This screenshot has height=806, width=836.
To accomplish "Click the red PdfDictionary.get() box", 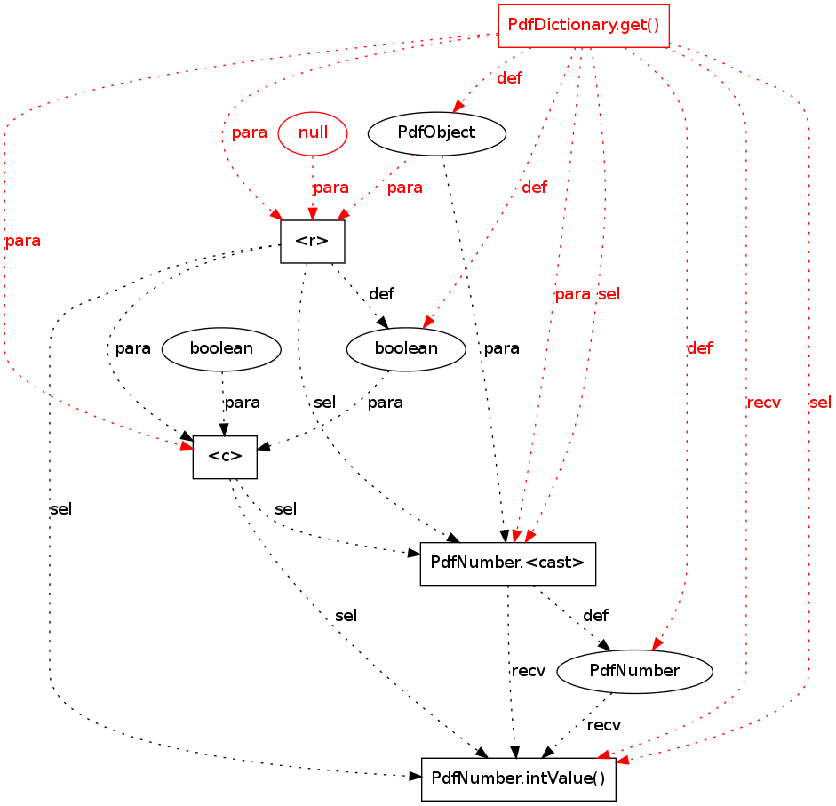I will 583,26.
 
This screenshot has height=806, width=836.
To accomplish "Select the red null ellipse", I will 313,133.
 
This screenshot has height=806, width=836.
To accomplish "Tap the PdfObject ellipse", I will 436,133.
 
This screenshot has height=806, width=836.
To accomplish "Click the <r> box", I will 312,241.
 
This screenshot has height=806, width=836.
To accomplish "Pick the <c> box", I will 225,457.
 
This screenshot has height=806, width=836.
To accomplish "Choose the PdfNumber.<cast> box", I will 506,563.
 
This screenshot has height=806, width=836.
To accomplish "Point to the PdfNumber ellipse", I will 634,671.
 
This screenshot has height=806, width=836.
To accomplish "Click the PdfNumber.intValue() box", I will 518,778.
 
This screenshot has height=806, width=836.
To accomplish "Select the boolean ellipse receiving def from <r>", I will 405,348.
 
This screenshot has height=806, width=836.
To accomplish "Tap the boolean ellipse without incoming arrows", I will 221,348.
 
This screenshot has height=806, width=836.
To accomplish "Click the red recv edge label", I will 764,403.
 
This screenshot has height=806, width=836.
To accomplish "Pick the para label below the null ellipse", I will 330,188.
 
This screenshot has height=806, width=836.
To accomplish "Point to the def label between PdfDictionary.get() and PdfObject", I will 509,78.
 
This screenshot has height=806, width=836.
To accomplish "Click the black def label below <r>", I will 381,293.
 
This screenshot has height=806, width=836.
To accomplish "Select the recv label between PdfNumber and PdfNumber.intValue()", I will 604,725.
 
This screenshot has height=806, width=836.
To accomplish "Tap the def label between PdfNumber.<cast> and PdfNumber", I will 595,615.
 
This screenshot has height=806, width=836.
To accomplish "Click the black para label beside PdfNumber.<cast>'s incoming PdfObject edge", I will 501,348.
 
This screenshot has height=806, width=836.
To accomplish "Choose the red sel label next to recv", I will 820,403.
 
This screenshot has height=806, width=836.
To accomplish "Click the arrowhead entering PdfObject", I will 458,108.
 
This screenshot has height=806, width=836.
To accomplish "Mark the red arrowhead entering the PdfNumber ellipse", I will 657,646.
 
